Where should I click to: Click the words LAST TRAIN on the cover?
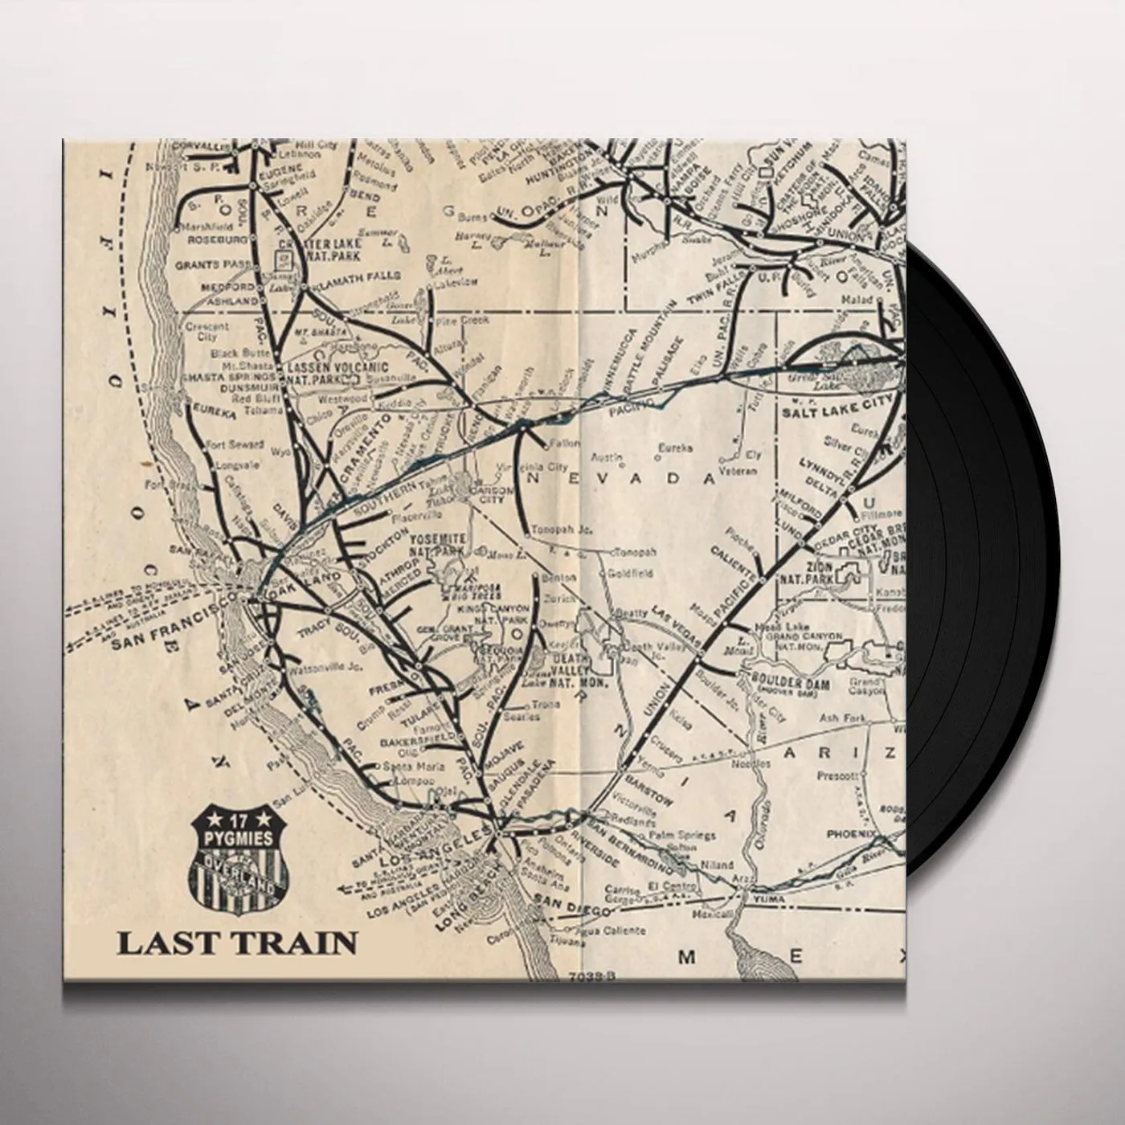[x=237, y=942]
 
